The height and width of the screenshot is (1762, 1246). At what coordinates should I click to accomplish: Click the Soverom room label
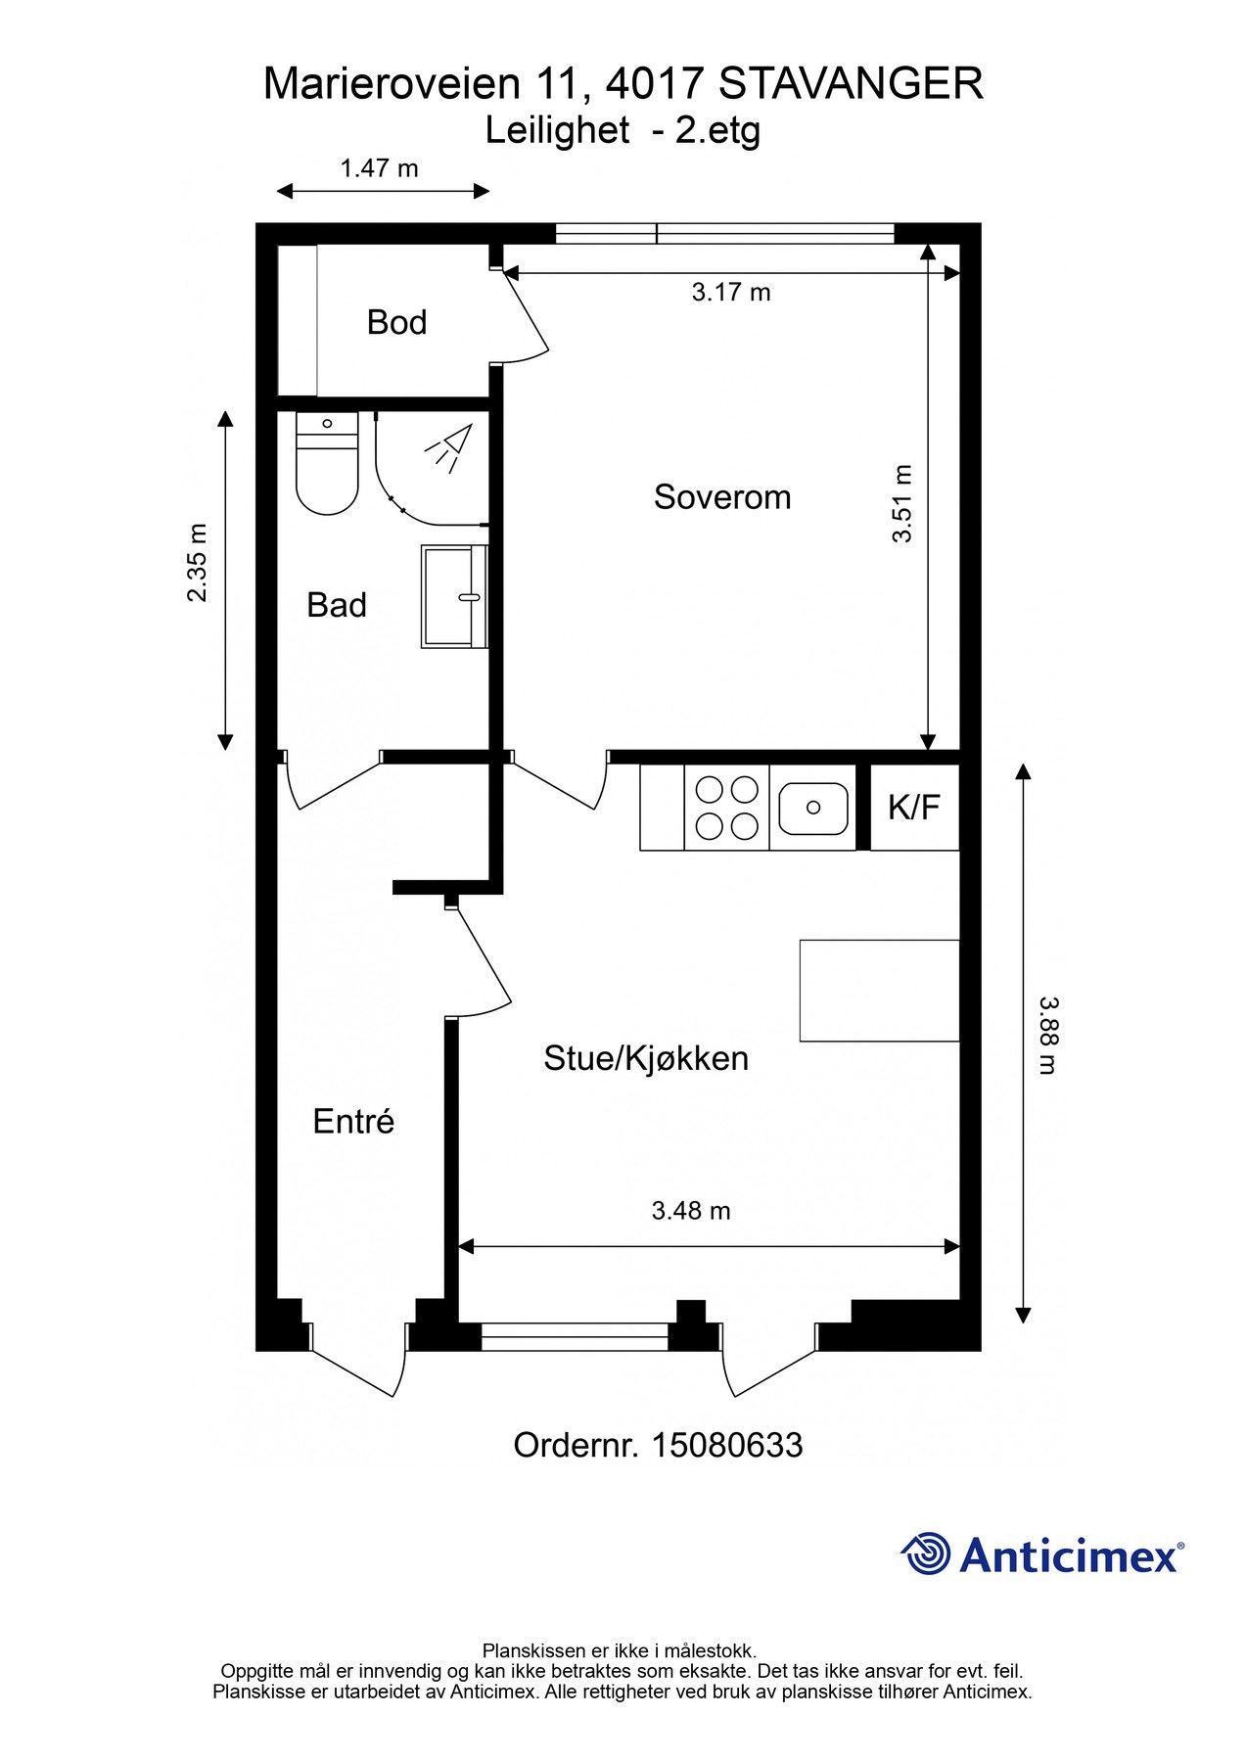tap(722, 497)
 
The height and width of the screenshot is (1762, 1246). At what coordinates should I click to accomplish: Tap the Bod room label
tap(396, 322)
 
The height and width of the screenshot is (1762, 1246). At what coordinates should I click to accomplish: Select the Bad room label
tap(337, 605)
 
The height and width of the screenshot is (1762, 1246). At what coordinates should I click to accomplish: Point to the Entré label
tap(353, 1121)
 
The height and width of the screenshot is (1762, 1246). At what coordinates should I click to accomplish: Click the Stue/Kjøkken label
tap(646, 1058)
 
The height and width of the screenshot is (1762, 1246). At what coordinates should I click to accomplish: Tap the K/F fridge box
tap(914, 808)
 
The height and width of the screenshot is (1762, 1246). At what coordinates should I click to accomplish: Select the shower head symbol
tap(449, 448)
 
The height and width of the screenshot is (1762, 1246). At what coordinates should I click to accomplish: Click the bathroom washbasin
tap(454, 596)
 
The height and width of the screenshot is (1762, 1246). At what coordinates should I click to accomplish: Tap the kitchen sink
tap(812, 808)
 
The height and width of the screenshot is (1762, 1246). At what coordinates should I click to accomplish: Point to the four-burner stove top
tap(725, 808)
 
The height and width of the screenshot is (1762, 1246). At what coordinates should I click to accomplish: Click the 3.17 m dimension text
tap(731, 292)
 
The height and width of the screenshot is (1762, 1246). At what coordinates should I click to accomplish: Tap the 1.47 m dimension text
tap(379, 168)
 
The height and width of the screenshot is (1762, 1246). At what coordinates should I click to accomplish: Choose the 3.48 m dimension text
tap(691, 1211)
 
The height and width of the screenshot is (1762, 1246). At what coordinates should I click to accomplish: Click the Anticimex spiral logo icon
tap(925, 1554)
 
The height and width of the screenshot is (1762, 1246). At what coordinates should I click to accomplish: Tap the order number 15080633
tap(727, 1446)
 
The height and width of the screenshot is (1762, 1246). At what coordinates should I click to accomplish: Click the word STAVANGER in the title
tap(851, 84)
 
